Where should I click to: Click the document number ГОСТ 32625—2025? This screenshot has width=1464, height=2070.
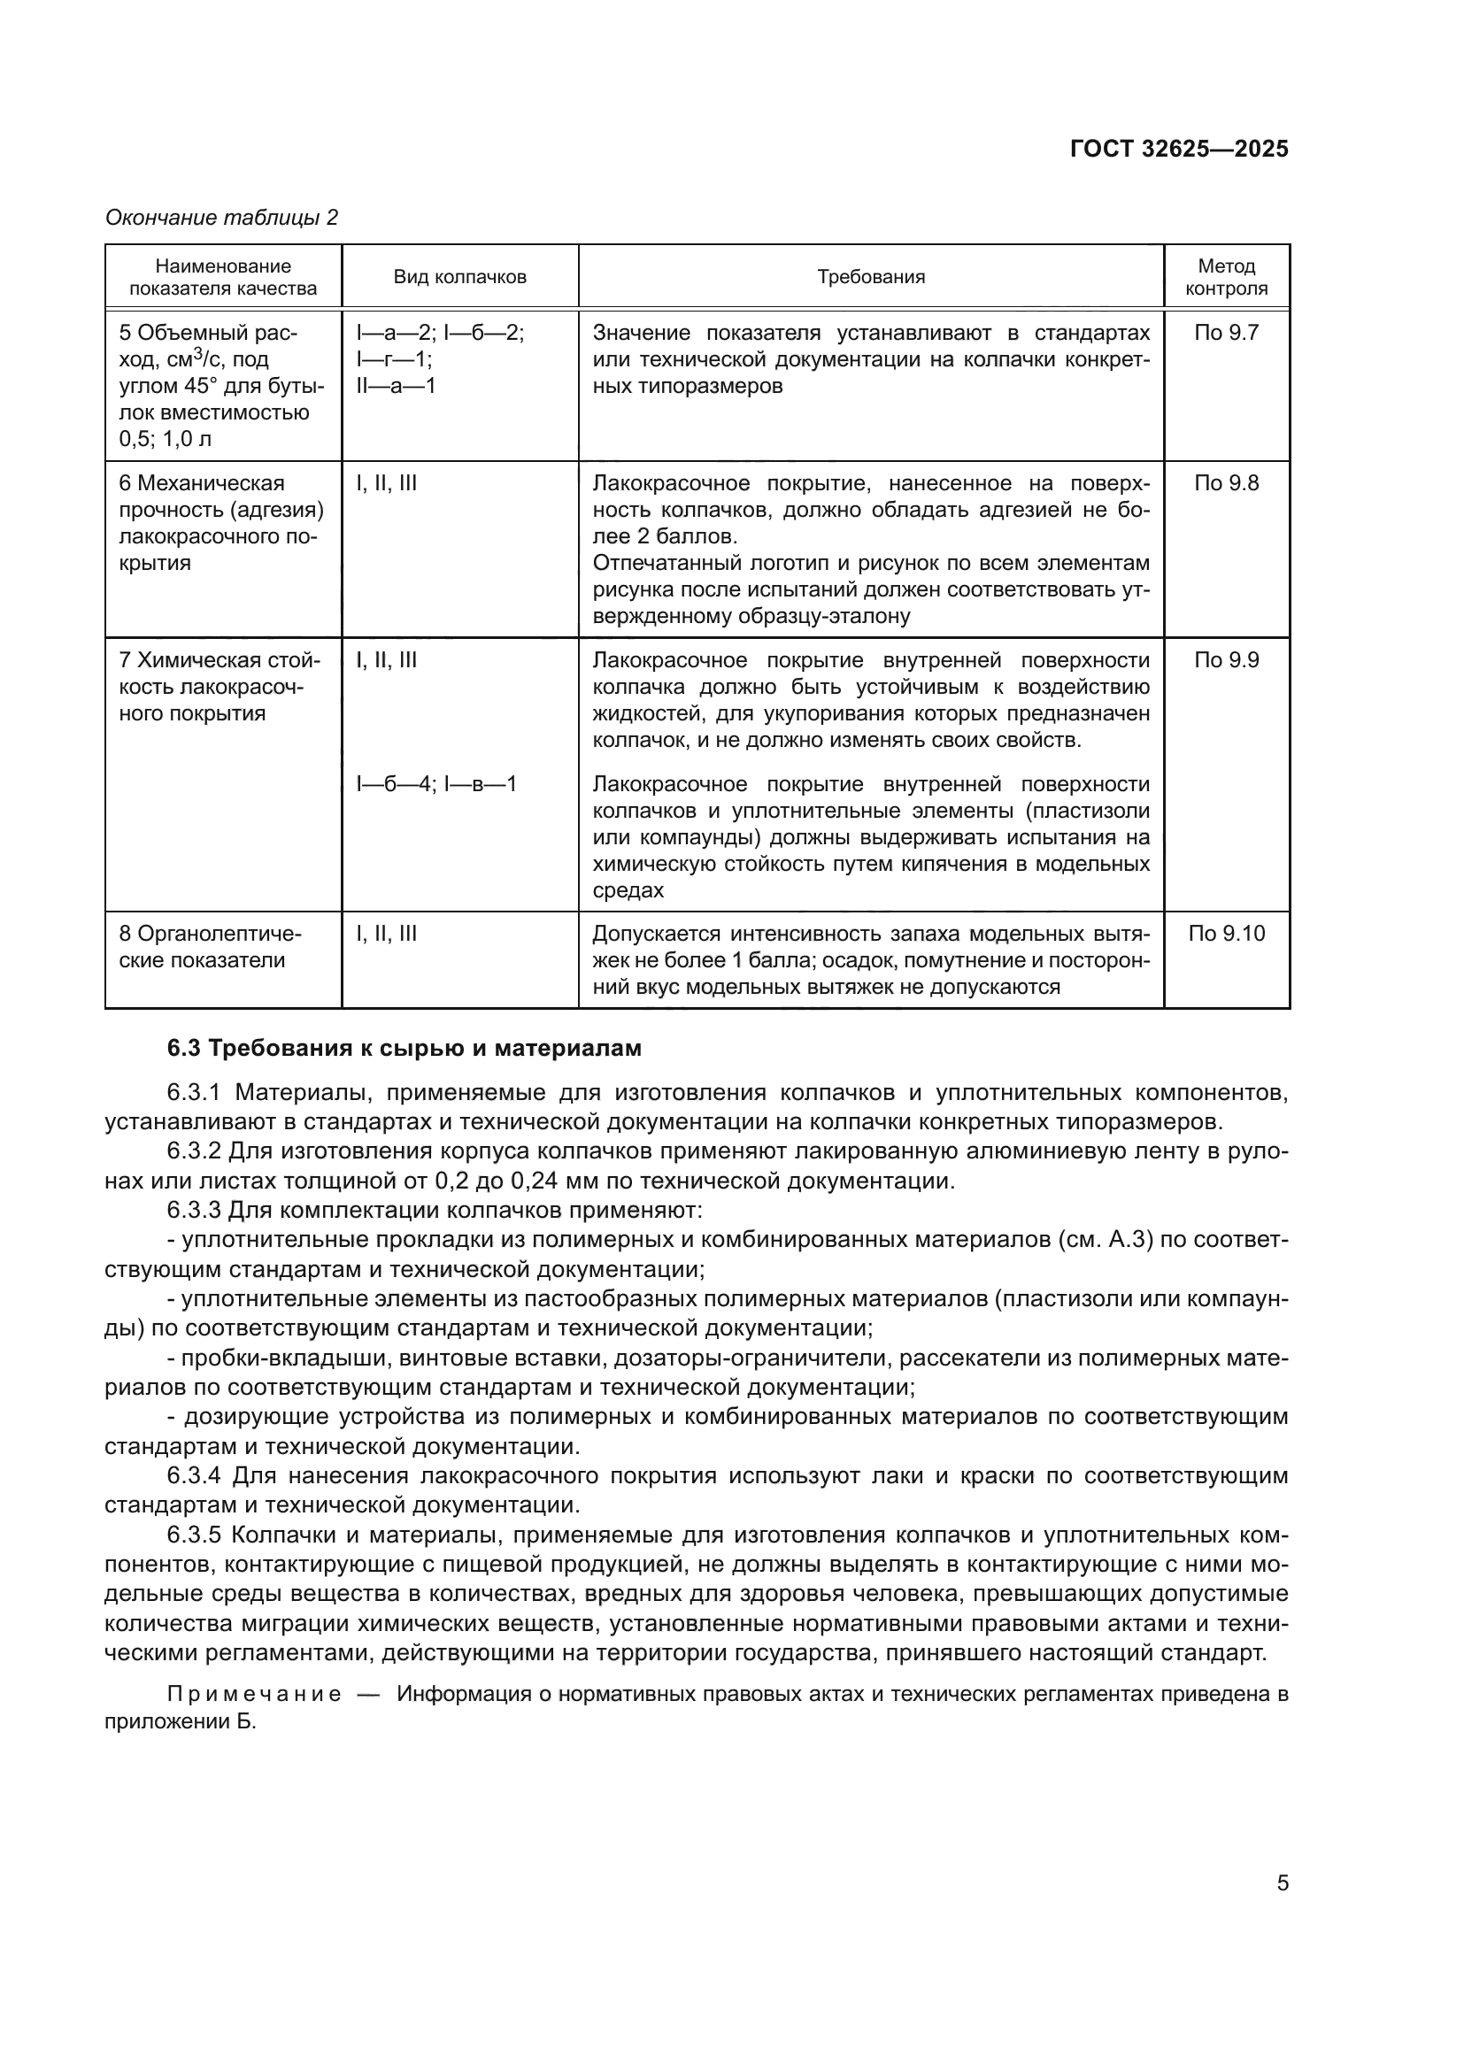click(1178, 149)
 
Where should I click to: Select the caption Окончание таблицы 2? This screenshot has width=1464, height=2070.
click(222, 218)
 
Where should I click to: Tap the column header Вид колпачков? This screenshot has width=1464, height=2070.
click(459, 277)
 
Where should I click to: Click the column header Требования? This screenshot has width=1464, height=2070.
click(871, 277)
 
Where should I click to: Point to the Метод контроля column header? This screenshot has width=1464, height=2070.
click(1226, 277)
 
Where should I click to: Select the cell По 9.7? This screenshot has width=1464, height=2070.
click(1226, 333)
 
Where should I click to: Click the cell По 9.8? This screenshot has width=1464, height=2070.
click(1226, 483)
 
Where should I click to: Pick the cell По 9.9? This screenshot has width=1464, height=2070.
click(1226, 660)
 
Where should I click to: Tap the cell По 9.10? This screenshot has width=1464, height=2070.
click(1226, 933)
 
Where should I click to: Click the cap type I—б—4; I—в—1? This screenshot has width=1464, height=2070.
click(436, 783)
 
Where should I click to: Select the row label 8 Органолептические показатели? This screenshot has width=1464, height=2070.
click(211, 947)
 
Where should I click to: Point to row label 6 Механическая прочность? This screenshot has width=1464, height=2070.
click(222, 523)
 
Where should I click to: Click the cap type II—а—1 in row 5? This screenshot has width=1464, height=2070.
click(396, 386)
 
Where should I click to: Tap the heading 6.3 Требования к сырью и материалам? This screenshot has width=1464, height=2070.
click(404, 1048)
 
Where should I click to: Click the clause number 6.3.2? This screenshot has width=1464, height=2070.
click(194, 1151)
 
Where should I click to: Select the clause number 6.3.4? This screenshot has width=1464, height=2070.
click(194, 1476)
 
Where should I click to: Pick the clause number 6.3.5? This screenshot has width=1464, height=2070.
click(194, 1535)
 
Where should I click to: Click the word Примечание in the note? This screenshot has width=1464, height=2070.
click(254, 1694)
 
